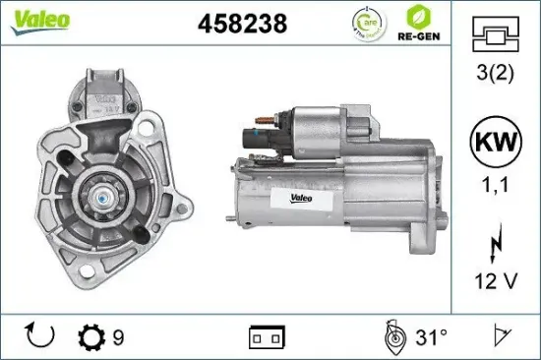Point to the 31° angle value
click(431, 338)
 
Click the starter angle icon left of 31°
click(393, 337)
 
